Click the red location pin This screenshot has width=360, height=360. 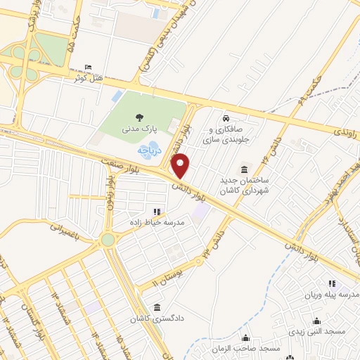point(181,166)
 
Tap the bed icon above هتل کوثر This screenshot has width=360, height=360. point(87,67)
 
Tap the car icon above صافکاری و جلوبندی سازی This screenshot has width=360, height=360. point(226,119)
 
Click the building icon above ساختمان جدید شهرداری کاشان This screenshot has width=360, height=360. point(244,169)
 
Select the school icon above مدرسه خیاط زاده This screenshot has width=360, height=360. point(156,211)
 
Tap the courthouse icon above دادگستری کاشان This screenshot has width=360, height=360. point(156,307)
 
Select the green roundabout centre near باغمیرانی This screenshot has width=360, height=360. point(107,240)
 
